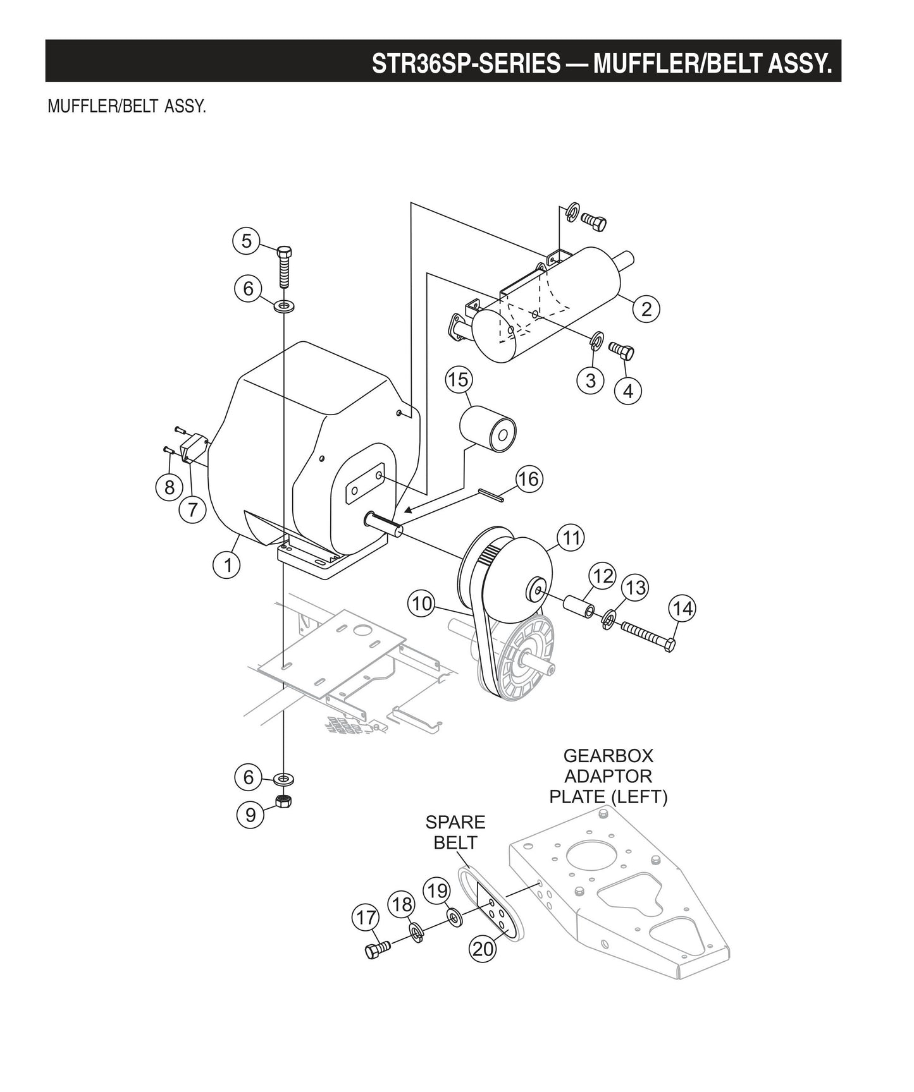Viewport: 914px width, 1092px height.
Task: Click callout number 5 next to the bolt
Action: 246,241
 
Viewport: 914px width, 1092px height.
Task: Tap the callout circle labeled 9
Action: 250,815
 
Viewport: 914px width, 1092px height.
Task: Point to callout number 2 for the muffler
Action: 646,309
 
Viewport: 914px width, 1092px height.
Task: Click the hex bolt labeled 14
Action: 648,636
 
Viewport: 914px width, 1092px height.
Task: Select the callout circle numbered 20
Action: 483,948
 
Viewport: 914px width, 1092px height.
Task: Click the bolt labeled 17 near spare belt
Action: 378,949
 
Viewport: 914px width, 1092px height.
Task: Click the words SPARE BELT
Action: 455,832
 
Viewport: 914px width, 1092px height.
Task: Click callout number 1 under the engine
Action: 227,564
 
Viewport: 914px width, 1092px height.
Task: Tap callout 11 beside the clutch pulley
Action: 571,538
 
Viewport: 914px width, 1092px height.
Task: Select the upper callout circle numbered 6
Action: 248,288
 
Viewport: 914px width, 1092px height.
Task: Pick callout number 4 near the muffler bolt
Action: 627,391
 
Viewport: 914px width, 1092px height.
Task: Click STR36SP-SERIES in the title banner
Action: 466,63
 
